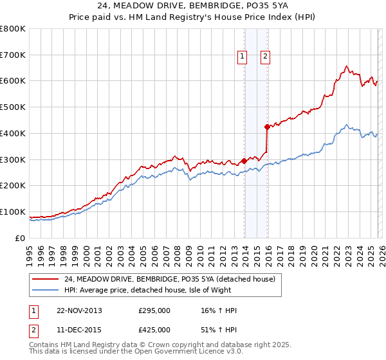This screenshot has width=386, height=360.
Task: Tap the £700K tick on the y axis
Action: [13, 55]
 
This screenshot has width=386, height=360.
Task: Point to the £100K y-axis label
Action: [13, 212]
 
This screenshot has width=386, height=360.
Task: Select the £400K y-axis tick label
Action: [13, 133]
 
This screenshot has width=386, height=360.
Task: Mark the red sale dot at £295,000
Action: [244, 161]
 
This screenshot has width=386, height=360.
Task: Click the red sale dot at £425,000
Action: [267, 127]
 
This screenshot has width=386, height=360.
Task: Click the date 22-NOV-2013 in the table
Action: [79, 310]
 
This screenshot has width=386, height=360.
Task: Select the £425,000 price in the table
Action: [154, 329]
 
